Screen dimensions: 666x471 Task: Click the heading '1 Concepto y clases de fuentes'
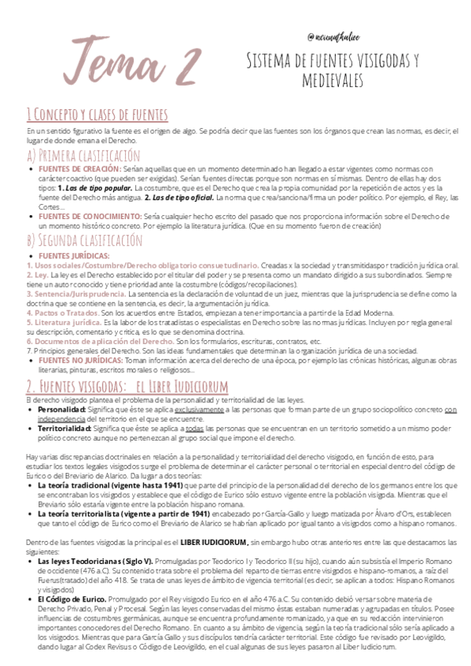(x=97, y=115)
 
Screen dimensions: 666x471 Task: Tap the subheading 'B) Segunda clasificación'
(x=84, y=240)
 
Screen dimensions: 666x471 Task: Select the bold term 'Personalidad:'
(x=61, y=410)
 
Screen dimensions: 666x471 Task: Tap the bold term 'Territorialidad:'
(x=64, y=429)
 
